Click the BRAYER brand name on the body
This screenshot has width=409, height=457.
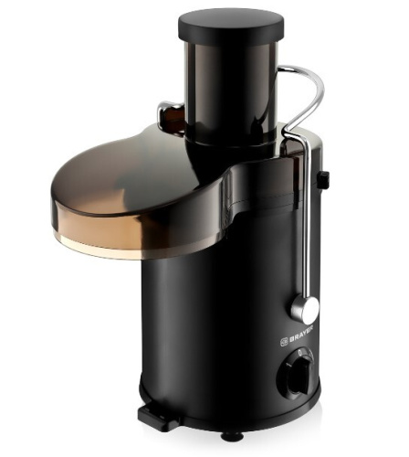pos(301,337)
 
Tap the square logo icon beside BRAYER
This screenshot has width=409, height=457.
pos(284,342)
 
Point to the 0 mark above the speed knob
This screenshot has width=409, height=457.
pos(299,354)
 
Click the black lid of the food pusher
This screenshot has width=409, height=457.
pos(231,27)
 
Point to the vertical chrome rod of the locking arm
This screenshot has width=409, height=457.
pos(308,219)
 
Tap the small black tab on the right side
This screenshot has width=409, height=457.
pos(323,179)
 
